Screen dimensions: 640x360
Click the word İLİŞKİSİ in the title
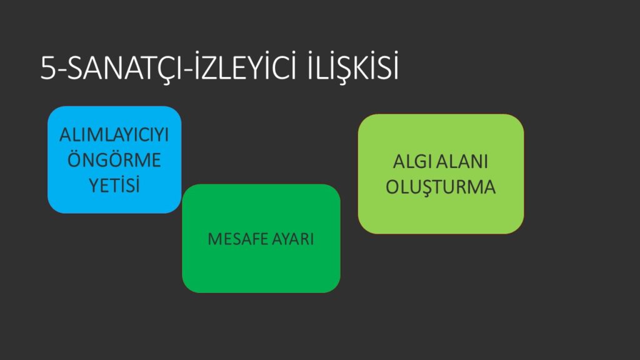coord(353,66)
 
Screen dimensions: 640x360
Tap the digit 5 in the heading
coord(47,67)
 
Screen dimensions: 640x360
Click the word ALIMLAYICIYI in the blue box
coord(114,135)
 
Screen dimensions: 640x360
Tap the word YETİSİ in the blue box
coord(114,185)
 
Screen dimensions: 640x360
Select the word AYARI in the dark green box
coord(292,239)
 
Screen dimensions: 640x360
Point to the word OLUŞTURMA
coord(441,187)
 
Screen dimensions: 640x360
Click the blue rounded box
coord(114,159)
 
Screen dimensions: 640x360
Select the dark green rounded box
coord(261,238)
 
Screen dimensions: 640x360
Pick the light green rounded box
coord(441,174)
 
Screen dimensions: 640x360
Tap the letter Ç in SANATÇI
coord(162,70)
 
